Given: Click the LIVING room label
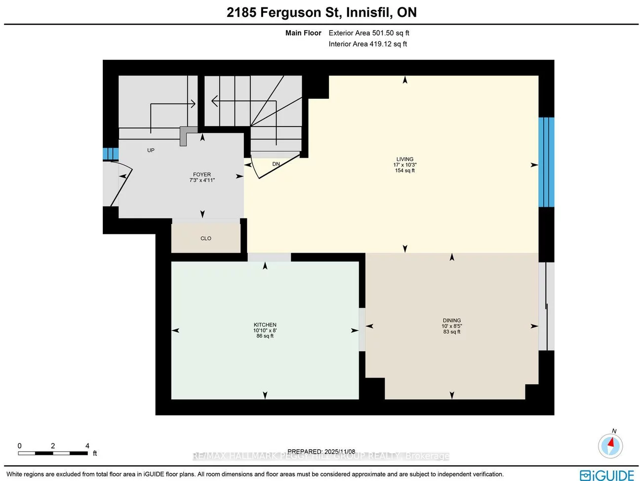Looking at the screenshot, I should (x=404, y=159).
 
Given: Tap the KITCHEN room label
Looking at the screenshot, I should (x=265, y=325).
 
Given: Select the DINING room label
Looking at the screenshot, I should (x=451, y=320).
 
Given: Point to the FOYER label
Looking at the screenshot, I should (x=201, y=175).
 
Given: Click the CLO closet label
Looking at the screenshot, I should (x=205, y=238).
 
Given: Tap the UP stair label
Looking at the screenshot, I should (x=151, y=150).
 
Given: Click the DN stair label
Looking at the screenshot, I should (x=276, y=164).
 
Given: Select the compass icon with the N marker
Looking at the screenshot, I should (x=610, y=445).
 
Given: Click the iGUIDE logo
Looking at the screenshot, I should (x=606, y=475).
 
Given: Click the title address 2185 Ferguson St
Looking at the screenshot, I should (x=321, y=12).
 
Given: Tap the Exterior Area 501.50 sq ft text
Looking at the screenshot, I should (x=369, y=33).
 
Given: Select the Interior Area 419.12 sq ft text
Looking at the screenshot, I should (x=368, y=44).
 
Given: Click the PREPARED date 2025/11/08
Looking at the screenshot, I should (x=321, y=451).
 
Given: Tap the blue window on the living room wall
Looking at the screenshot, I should (x=546, y=162).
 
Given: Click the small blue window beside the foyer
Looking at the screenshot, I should (x=110, y=154).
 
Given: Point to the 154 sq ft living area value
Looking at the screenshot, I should (x=404, y=171).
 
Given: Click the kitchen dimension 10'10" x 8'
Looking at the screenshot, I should (x=265, y=331).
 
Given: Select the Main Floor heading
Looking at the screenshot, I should (x=303, y=33).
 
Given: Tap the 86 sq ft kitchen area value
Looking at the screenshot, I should (x=265, y=336).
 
